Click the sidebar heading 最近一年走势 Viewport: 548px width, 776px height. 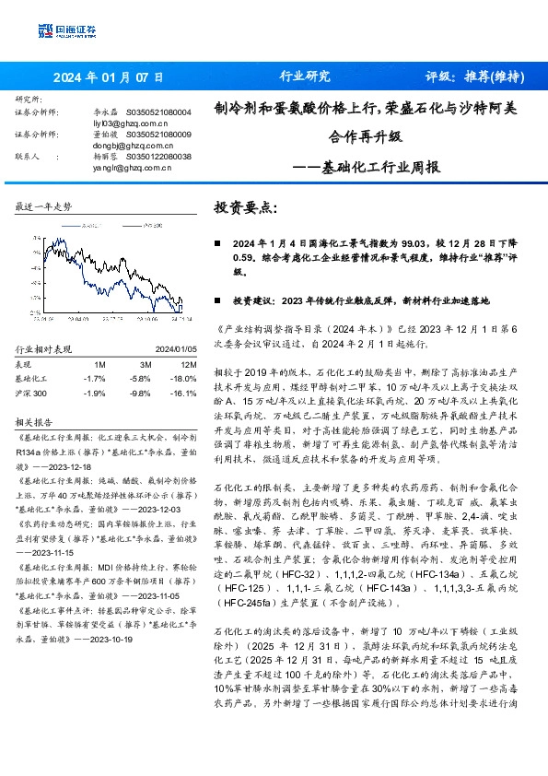tap(43, 206)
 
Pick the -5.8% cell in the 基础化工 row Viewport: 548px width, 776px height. tap(140, 378)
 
